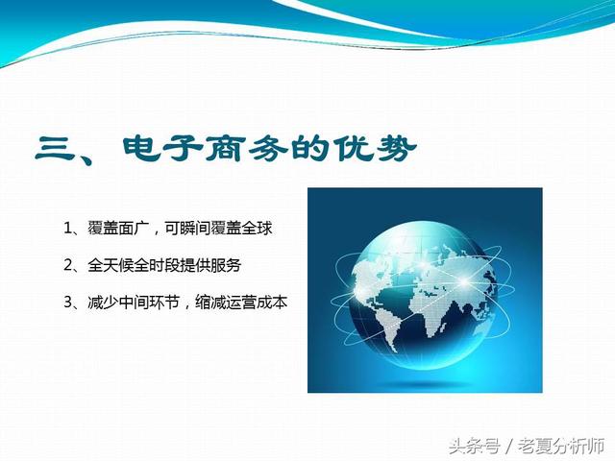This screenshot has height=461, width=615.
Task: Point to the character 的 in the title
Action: [310, 149]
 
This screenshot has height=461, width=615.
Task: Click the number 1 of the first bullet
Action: [67, 229]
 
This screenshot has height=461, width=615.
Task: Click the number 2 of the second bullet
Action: [68, 266]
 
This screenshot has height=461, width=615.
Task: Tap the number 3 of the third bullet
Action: [68, 303]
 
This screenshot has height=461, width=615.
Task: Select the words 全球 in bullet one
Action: [257, 229]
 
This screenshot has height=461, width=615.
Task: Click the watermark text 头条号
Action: [474, 446]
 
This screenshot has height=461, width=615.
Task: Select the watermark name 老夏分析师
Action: [561, 446]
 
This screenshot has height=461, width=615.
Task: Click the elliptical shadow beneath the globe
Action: [425, 381]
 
